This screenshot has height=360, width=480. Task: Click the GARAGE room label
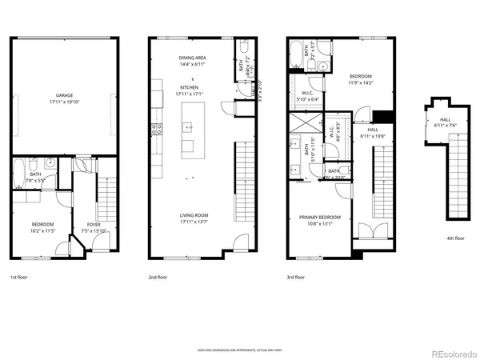(64, 95)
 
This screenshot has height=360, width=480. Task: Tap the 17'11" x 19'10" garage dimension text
(64, 102)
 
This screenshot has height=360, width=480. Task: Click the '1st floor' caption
(19, 277)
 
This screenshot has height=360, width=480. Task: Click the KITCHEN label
(189, 87)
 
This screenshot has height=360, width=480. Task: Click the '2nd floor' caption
(158, 277)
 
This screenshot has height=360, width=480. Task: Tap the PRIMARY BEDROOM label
(320, 218)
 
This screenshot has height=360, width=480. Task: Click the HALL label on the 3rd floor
(373, 129)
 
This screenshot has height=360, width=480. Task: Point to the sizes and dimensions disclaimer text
(239, 350)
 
